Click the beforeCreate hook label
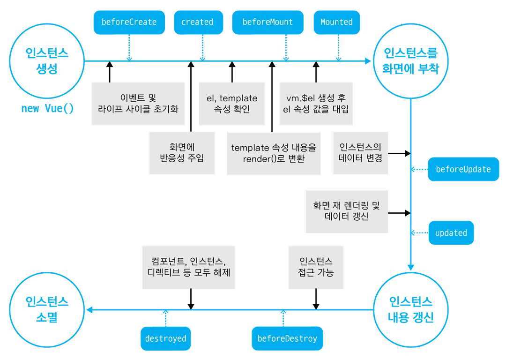click(x=129, y=22)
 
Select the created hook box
click(x=197, y=22)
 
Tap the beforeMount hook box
click(x=268, y=22)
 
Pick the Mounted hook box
click(x=336, y=22)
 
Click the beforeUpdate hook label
click(x=463, y=169)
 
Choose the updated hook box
click(x=451, y=233)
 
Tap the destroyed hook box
click(x=165, y=338)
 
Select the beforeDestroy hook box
click(x=287, y=338)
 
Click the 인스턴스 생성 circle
click(x=47, y=60)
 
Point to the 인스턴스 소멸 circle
click(x=47, y=309)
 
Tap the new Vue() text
click(x=47, y=109)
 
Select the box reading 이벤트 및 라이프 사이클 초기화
click(x=138, y=104)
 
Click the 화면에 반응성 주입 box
click(x=182, y=153)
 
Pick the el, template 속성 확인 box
click(x=232, y=104)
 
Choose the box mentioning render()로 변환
click(x=274, y=153)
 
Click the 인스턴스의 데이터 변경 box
click(x=360, y=153)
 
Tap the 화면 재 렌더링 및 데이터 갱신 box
click(x=346, y=211)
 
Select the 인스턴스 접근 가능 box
click(x=316, y=267)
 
